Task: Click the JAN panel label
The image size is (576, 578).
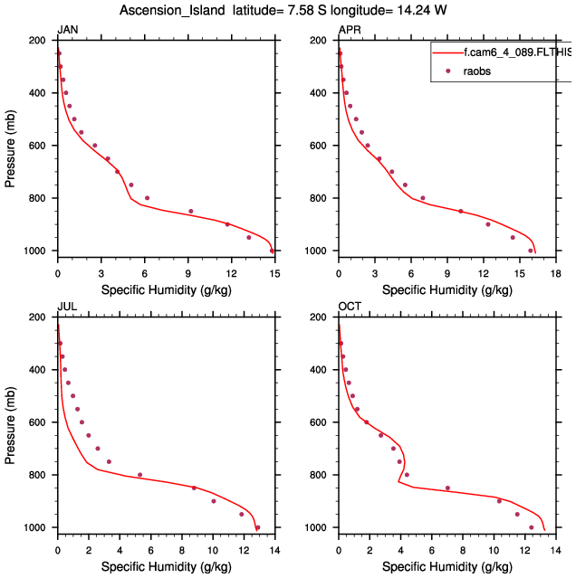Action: click(x=67, y=31)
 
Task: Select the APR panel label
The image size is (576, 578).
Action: click(x=349, y=31)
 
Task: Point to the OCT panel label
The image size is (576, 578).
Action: click(x=350, y=308)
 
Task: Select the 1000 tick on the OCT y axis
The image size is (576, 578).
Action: click(x=317, y=527)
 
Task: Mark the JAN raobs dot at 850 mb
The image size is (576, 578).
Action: click(x=191, y=212)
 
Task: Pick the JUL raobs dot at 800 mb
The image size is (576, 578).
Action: click(x=139, y=475)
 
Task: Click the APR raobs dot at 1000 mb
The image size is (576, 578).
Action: click(x=531, y=251)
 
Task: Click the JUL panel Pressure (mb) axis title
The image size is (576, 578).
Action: click(x=11, y=422)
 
